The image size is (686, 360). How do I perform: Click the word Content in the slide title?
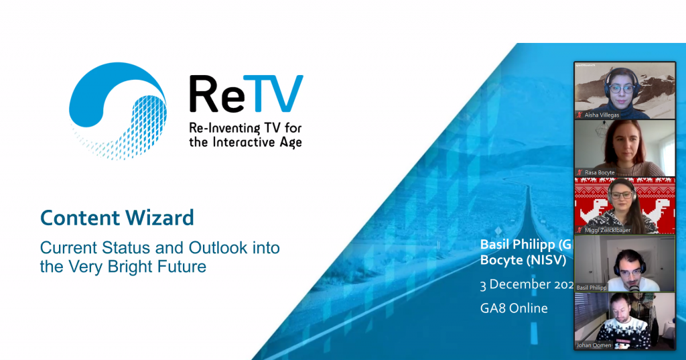pos(75,218)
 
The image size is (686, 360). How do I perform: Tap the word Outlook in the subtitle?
pos(213,248)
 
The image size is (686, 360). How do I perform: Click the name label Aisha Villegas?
pos(602,115)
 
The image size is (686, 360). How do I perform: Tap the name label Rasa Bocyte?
pos(600,172)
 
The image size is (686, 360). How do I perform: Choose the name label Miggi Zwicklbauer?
pos(608,230)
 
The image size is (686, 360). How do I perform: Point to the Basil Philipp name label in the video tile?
pos(592,288)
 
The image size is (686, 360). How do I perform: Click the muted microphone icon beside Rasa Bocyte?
pos(580,172)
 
